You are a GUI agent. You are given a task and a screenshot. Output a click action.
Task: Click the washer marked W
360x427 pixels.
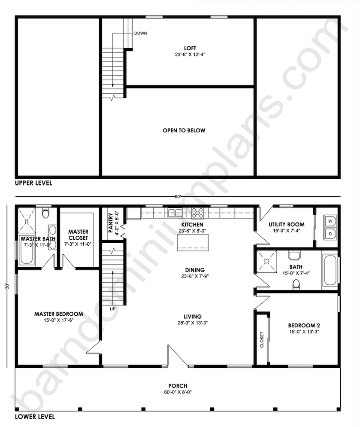point(330,221)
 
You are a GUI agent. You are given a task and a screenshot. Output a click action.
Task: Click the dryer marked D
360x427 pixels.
point(330,234)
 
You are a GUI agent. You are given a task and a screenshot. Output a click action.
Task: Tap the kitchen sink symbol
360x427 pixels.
point(175,213)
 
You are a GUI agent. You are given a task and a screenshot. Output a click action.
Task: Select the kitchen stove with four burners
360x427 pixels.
point(197,213)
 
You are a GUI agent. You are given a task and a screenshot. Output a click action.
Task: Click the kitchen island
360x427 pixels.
point(193,242)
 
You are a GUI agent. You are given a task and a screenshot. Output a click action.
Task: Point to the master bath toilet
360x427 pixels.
point(45,213)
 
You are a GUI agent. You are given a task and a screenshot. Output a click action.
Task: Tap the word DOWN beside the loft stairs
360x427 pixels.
point(140,33)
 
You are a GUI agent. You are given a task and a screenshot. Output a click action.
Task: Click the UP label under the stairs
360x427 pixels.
point(113,309)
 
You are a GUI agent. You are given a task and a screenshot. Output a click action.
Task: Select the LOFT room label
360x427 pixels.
point(190,48)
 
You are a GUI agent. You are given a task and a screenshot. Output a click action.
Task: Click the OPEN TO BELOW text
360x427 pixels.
point(184,131)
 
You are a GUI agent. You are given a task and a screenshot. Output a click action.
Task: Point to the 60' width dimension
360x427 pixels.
point(178,197)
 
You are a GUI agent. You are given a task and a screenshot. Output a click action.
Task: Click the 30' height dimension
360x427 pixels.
point(7,287)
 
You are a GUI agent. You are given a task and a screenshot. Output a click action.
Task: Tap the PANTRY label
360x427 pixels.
point(110,223)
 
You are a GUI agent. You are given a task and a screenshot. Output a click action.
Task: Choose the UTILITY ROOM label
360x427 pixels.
point(287,224)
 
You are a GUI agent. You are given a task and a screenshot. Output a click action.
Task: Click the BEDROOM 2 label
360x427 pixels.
point(304,326)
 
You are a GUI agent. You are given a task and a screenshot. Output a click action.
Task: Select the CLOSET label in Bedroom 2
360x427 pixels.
point(262,340)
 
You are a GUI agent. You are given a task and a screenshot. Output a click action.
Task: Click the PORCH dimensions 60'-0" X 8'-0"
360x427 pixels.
point(178,392)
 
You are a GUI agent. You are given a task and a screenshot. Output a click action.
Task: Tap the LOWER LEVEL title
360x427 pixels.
point(35,417)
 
